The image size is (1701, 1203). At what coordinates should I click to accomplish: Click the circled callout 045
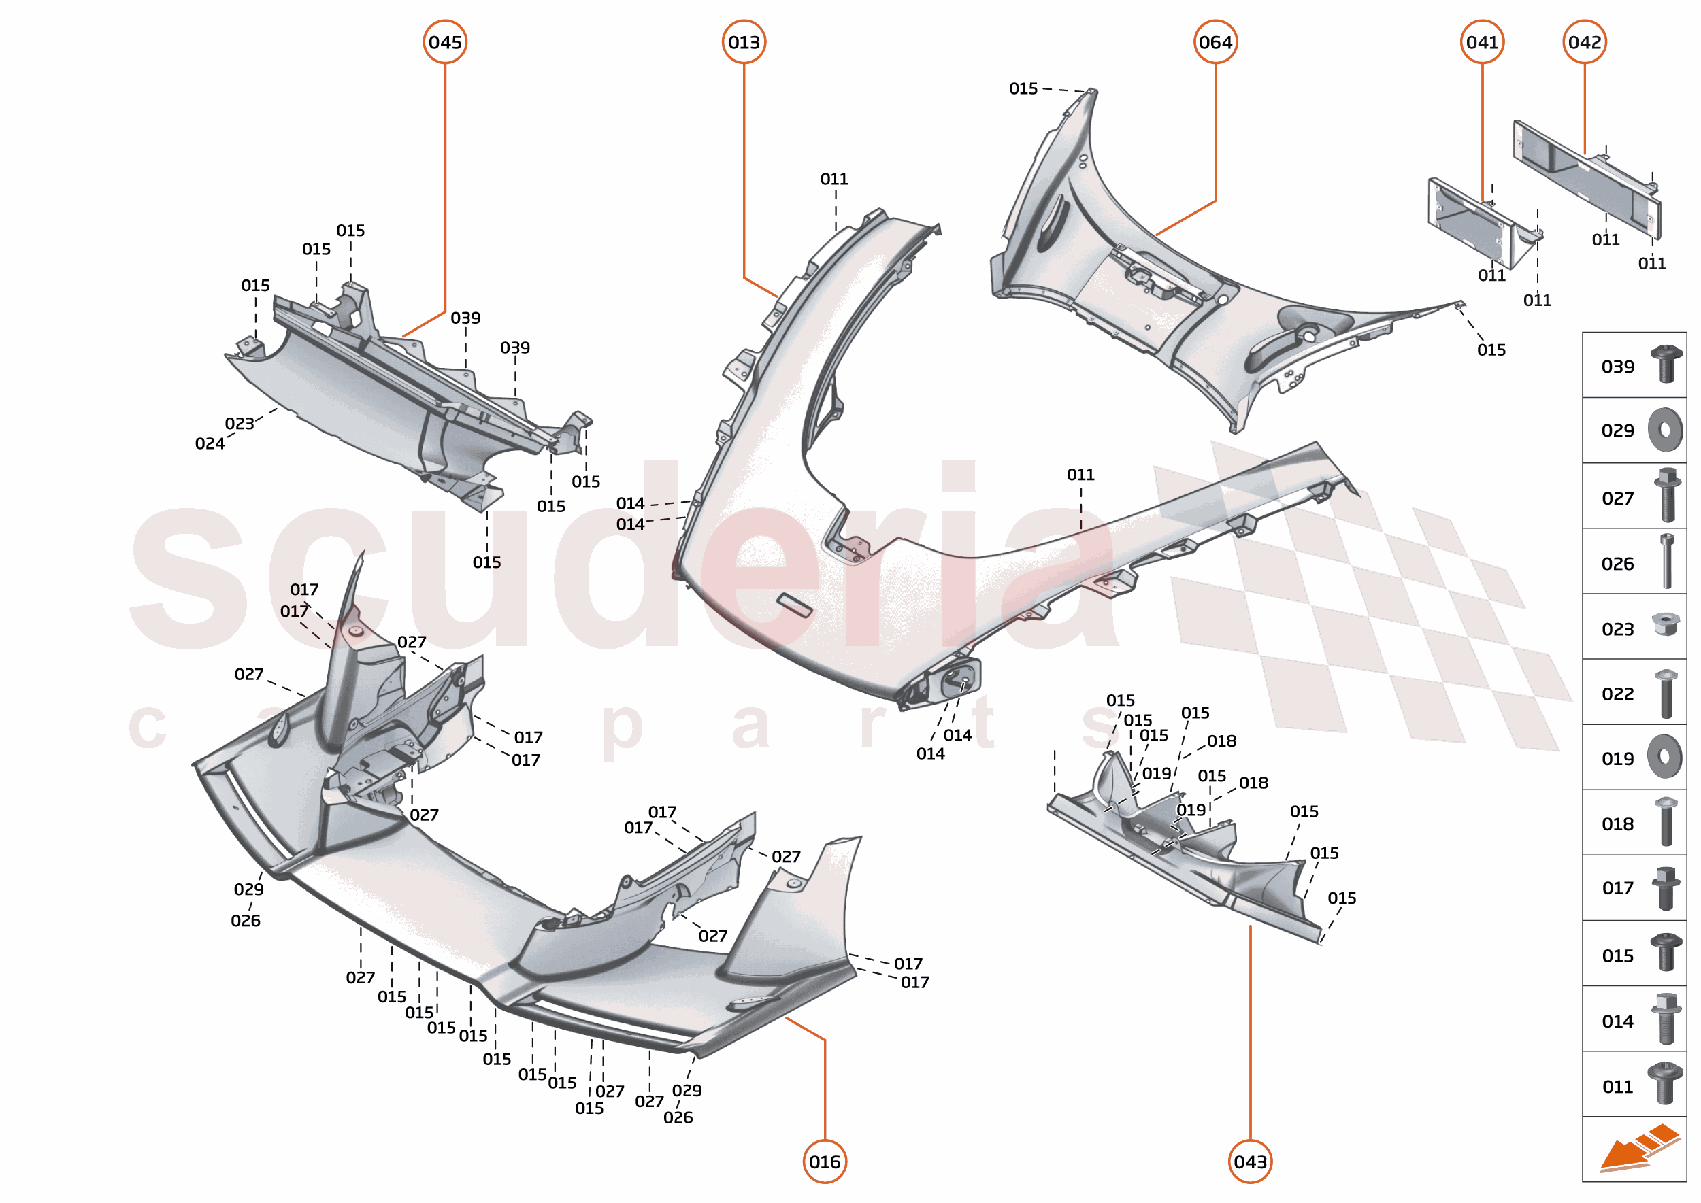pyautogui.click(x=445, y=42)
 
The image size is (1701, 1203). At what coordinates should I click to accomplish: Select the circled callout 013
pyautogui.click(x=744, y=42)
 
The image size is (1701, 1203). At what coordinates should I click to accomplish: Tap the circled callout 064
pyautogui.click(x=1215, y=42)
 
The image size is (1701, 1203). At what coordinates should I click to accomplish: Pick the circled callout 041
pyautogui.click(x=1483, y=42)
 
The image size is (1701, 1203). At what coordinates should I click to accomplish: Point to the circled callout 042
pyautogui.click(x=1585, y=42)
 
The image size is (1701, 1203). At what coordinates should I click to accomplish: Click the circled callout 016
pyautogui.click(x=825, y=1162)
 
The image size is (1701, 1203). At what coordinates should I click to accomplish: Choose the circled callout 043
pyautogui.click(x=1251, y=1162)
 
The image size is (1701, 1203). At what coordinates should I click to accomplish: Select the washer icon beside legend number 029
pyautogui.click(x=1665, y=430)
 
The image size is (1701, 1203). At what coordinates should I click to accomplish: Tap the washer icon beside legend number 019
pyautogui.click(x=1665, y=757)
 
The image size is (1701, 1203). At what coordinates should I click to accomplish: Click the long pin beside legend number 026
pyautogui.click(x=1667, y=561)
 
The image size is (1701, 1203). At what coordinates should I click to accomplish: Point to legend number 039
pyautogui.click(x=1617, y=367)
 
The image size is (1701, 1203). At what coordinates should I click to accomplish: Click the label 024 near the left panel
pyautogui.click(x=210, y=443)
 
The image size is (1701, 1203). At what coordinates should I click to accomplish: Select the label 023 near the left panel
pyautogui.click(x=240, y=424)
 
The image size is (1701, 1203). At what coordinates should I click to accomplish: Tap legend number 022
pyautogui.click(x=1617, y=694)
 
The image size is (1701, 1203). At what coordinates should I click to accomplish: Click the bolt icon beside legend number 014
pyautogui.click(x=1666, y=1019)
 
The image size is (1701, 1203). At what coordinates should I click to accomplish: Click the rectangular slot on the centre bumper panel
pyautogui.click(x=794, y=605)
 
